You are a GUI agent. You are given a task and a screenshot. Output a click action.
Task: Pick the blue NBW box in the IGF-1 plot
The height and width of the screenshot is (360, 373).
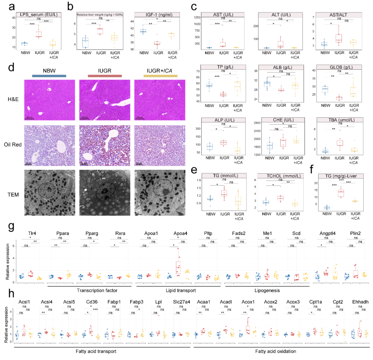(x=142, y=31)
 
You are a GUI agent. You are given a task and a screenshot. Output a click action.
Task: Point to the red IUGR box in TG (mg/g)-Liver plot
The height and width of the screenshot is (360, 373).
(x=341, y=193)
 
